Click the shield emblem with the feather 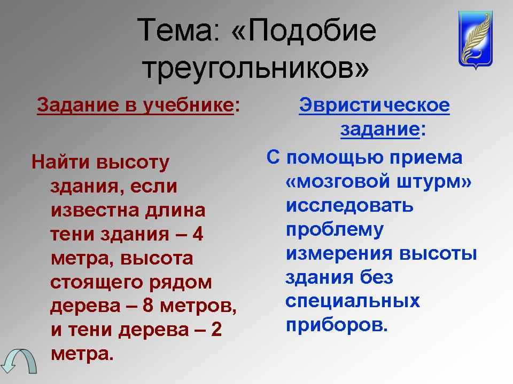point(476,39)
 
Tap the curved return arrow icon point(19,361)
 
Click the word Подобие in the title point(311,30)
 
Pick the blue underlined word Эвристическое point(374,106)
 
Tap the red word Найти point(60,162)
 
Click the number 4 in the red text point(197,234)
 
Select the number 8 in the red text point(148,306)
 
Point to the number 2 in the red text point(216,330)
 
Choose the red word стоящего point(97,283)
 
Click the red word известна point(96,210)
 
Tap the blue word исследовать point(349,206)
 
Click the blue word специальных point(353,301)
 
